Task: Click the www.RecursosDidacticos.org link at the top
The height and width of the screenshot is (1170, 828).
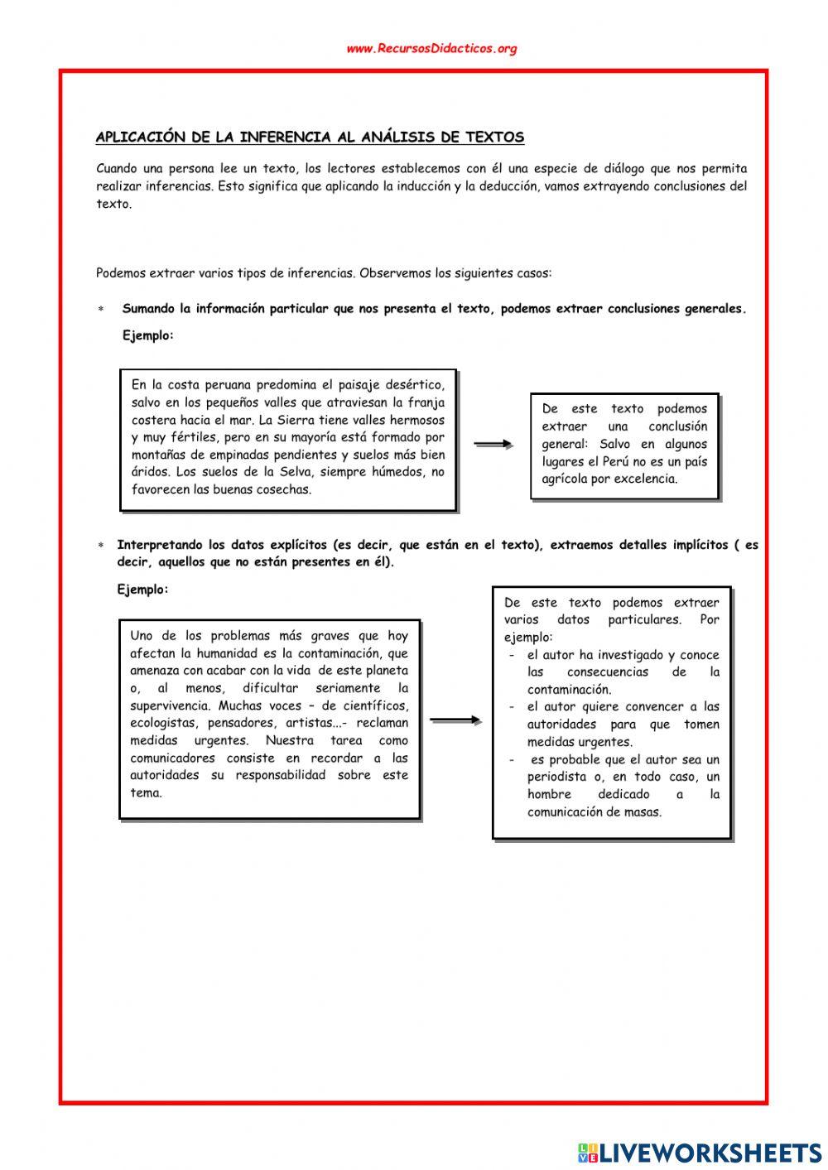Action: coord(431,49)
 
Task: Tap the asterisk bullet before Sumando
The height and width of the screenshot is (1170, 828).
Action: coord(101,310)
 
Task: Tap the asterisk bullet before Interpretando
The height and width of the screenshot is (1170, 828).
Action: coord(101,546)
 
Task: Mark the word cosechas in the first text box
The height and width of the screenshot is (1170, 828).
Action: coord(284,489)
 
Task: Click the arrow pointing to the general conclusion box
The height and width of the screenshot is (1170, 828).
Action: coord(493,445)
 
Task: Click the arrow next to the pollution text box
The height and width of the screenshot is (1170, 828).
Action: coord(455,720)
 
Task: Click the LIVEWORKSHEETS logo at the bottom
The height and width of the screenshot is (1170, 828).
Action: coord(700,1152)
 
